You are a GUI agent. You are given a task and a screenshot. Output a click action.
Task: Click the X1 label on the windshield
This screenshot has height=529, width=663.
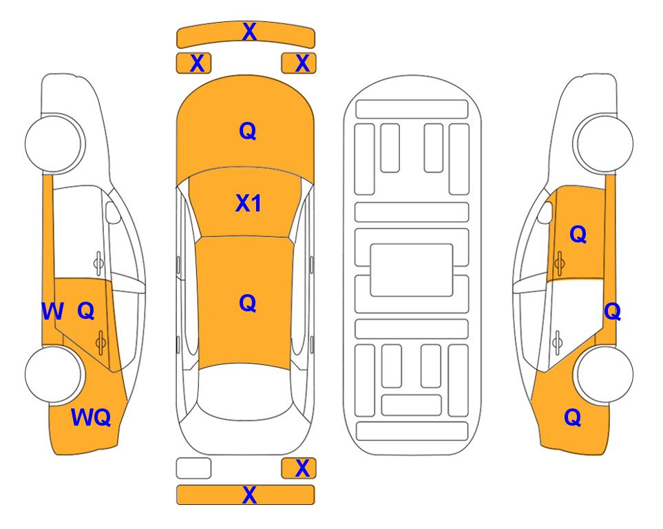(x=248, y=203)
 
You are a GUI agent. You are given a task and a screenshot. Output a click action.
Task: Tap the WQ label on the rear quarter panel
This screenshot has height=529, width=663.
(x=91, y=417)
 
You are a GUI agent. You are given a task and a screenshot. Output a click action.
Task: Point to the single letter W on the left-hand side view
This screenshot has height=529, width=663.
(x=52, y=311)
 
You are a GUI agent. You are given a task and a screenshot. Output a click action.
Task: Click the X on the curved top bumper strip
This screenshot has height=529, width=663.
(x=249, y=32)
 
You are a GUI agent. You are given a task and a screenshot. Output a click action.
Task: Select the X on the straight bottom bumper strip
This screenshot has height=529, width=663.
(x=249, y=495)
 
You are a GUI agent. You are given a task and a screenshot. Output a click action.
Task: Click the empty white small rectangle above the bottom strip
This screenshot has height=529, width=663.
(x=193, y=468)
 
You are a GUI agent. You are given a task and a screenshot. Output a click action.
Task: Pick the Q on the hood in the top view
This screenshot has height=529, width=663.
(x=248, y=131)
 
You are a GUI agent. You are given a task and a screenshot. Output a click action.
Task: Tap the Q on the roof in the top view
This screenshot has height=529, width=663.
(x=248, y=303)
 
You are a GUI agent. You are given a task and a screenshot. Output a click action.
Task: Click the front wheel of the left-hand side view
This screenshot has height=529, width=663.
(x=54, y=143)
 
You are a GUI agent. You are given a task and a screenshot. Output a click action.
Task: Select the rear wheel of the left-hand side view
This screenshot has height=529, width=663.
(x=54, y=374)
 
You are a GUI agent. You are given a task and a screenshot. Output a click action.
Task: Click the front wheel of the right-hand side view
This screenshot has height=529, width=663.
(x=604, y=143)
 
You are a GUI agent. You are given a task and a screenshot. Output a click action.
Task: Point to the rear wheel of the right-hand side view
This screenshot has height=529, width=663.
(x=604, y=374)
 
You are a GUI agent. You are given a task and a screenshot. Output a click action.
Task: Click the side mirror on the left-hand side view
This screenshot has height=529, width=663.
(x=112, y=212)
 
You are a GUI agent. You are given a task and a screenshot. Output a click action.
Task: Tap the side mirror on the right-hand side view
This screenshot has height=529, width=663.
(x=545, y=212)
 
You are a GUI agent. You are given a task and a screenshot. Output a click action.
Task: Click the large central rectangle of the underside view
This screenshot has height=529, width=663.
(x=412, y=270)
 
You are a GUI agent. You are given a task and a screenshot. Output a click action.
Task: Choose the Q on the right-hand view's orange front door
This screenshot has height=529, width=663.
(x=578, y=234)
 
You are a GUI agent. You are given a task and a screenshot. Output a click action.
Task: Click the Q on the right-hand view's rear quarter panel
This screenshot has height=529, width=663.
(x=573, y=417)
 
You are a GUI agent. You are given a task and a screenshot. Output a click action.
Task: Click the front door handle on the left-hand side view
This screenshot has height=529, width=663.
(x=98, y=263)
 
